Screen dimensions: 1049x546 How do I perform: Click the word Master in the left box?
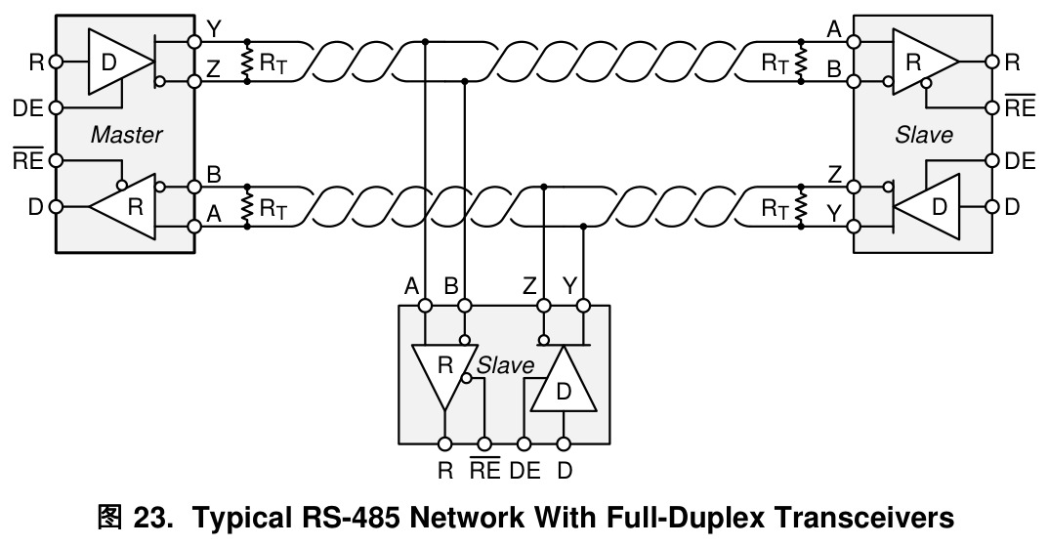point(126,135)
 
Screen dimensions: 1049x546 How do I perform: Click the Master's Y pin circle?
point(194,41)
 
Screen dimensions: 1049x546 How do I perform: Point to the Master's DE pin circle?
point(57,107)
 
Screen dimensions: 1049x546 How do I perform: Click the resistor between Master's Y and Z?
point(247,62)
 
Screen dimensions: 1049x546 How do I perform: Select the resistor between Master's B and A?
point(247,207)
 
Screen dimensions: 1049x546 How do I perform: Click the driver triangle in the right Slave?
point(927,207)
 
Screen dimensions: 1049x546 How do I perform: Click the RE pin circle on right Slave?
point(992,107)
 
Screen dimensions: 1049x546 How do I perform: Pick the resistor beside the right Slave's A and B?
point(801,62)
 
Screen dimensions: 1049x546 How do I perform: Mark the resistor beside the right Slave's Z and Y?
point(801,207)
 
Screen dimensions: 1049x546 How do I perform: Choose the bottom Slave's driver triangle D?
point(564,379)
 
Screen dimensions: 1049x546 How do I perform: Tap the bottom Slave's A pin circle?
point(425,307)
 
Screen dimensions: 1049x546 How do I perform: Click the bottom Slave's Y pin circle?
point(583,307)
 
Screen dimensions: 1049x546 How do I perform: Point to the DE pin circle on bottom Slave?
point(524,443)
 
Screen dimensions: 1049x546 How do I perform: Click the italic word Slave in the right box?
point(923,135)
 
